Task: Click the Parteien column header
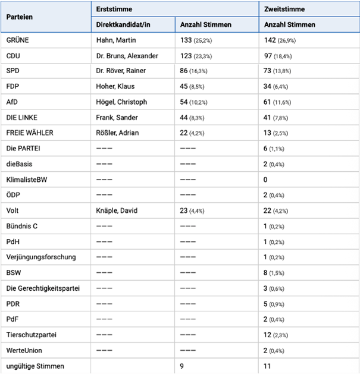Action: [x=20, y=17]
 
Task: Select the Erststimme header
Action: [x=114, y=10]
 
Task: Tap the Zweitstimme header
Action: [x=284, y=10]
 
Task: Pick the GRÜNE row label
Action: [x=18, y=40]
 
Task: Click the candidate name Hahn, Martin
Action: [x=116, y=40]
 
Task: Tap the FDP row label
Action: [x=13, y=87]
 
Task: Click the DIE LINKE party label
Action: [x=21, y=118]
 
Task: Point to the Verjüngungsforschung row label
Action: [x=40, y=257]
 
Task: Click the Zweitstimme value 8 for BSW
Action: [x=266, y=272]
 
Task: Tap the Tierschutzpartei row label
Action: [x=32, y=334]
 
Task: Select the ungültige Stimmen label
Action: [x=35, y=366]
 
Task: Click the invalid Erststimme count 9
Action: [x=183, y=366]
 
